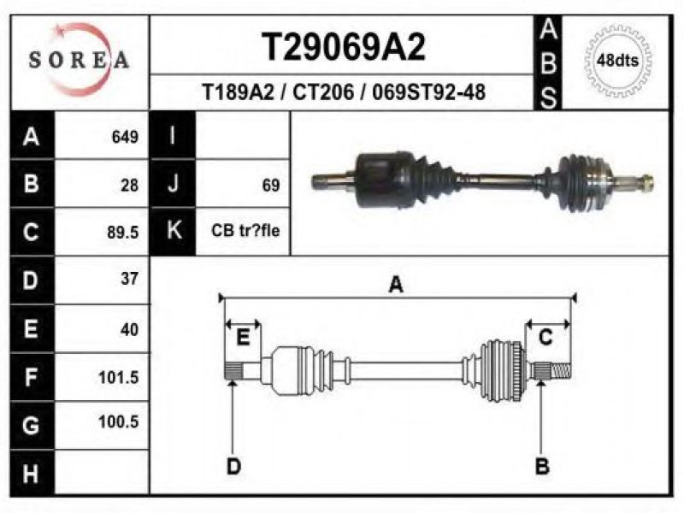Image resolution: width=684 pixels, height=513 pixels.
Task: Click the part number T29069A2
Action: pyautogui.click(x=344, y=47)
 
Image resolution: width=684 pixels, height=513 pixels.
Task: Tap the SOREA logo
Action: pyautogui.click(x=79, y=59)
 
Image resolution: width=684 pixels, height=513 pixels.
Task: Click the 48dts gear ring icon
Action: pyautogui.click(x=617, y=60)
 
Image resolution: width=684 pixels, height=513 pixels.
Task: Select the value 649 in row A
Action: pyautogui.click(x=125, y=137)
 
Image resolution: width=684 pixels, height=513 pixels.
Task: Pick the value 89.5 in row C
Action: pyautogui.click(x=122, y=232)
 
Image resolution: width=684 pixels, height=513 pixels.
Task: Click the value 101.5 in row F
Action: pyautogui.click(x=118, y=377)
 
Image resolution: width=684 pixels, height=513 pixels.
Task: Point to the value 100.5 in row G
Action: pyautogui.click(x=118, y=422)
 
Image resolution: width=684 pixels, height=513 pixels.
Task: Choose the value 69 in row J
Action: pyautogui.click(x=270, y=186)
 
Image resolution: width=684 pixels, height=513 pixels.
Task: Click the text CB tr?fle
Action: pyautogui.click(x=245, y=230)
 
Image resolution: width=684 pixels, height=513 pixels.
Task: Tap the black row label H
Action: pyautogui.click(x=31, y=474)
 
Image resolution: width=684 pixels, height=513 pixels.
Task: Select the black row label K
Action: pyautogui.click(x=174, y=230)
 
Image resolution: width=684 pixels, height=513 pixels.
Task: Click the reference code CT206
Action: pyautogui.click(x=323, y=92)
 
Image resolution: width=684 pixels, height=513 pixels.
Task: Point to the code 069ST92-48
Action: pyautogui.click(x=429, y=92)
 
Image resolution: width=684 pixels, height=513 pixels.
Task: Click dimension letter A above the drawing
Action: pyautogui.click(x=396, y=285)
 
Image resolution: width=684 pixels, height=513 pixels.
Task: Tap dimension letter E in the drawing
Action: pyautogui.click(x=243, y=338)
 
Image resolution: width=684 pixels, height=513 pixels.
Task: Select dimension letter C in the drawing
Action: pyautogui.click(x=545, y=338)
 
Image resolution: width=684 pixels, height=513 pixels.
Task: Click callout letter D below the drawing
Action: pyautogui.click(x=233, y=466)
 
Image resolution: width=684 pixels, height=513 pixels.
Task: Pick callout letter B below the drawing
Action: pyautogui.click(x=541, y=466)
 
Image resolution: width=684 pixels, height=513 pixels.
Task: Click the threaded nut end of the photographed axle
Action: pyautogui.click(x=646, y=183)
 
